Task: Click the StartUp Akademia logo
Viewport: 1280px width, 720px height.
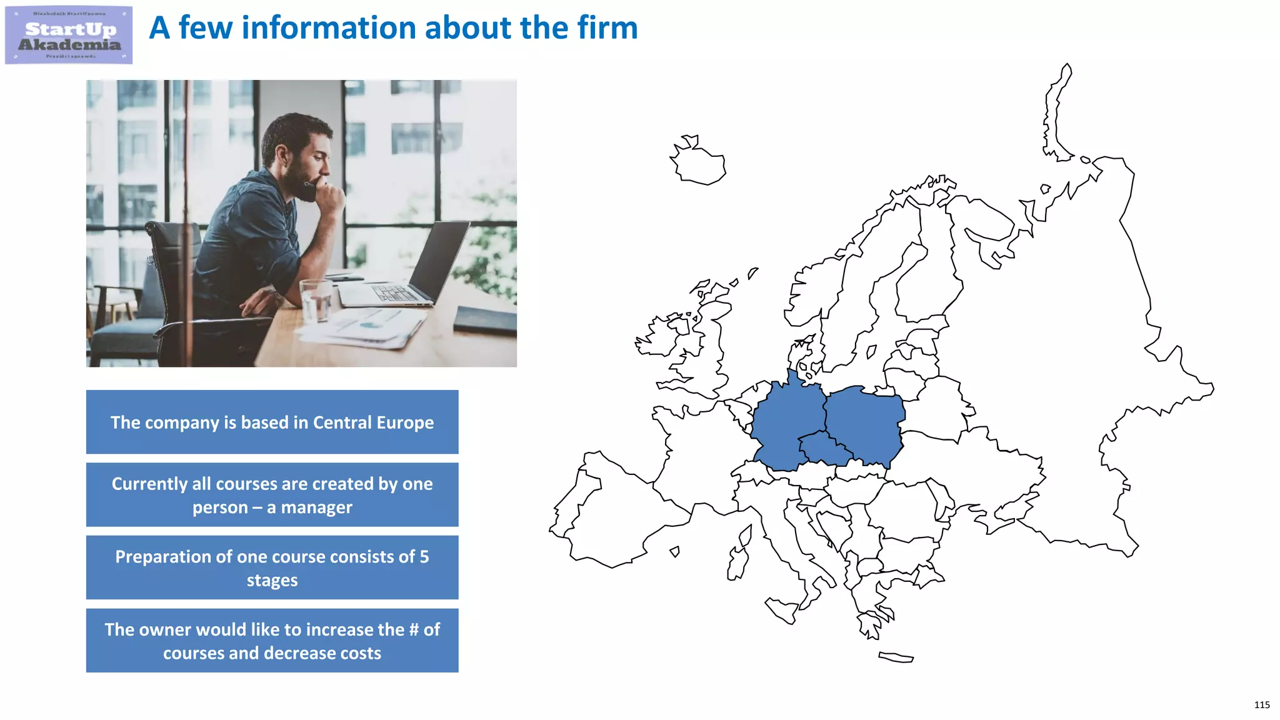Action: [x=69, y=35]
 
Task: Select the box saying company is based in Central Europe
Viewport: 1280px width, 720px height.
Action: [x=272, y=422]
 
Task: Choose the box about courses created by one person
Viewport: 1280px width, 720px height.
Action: [x=272, y=495]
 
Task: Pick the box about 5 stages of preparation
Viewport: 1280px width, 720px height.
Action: [x=272, y=567]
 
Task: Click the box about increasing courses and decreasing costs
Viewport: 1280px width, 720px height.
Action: [x=272, y=641]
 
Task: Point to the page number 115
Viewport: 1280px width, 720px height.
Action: [x=1261, y=705]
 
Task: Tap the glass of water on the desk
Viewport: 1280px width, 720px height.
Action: [x=315, y=300]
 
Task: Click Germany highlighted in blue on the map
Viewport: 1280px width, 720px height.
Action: [x=787, y=419]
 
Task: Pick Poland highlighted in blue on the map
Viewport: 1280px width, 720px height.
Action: [x=866, y=425]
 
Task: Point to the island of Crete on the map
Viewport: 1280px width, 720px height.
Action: [x=896, y=657]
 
